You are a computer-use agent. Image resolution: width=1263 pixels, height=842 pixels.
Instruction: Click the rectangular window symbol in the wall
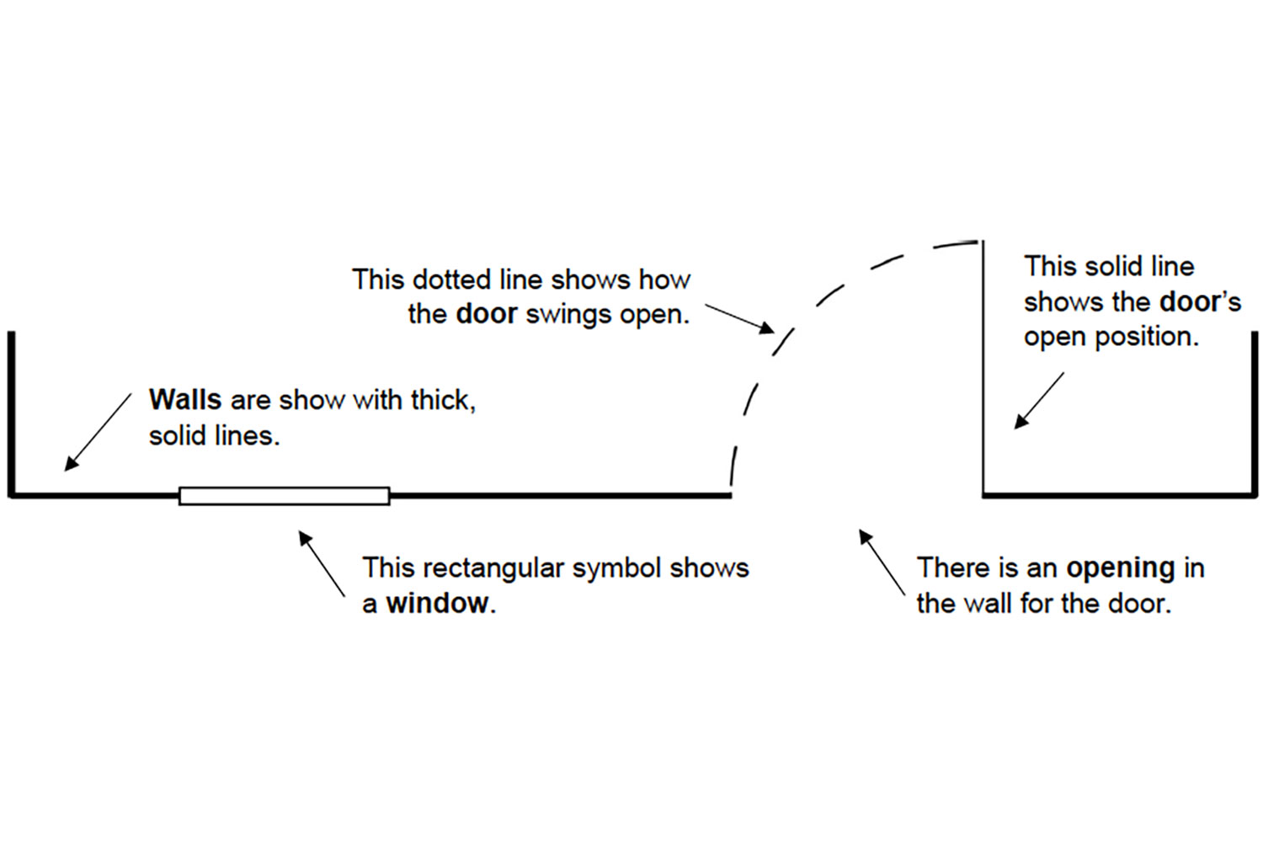click(285, 496)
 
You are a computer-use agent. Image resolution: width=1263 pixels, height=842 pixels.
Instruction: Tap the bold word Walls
click(185, 399)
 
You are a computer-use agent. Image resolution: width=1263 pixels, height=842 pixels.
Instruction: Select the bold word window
click(437, 603)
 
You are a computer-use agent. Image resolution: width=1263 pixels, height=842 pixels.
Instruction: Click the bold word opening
click(1121, 568)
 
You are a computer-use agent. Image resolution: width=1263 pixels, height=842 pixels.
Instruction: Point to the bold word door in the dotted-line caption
click(486, 314)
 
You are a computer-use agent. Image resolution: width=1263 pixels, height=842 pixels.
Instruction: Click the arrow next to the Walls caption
click(99, 430)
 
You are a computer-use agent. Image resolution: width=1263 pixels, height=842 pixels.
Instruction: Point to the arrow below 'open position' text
click(1039, 401)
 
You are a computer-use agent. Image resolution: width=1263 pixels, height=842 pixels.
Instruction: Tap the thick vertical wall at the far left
click(12, 413)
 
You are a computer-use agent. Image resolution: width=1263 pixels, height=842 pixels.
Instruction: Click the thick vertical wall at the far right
click(1255, 413)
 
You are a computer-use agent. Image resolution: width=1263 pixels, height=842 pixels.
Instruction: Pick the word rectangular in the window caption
click(493, 568)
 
